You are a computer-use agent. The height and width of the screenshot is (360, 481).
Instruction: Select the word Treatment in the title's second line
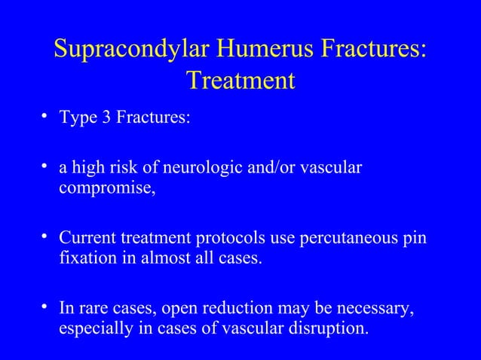(x=240, y=80)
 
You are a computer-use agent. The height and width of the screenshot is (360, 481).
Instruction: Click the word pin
(x=414, y=239)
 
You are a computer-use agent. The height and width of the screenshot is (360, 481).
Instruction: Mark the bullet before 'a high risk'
(x=47, y=163)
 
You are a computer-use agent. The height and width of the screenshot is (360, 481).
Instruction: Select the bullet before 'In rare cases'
(x=47, y=307)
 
